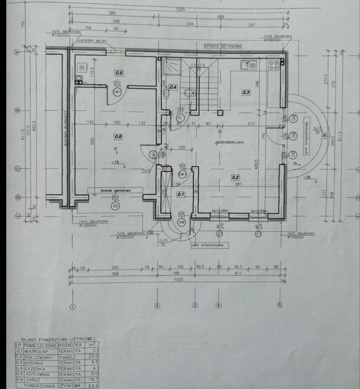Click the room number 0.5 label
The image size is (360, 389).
(x=119, y=73)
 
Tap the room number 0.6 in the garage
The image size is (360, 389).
(x=117, y=136)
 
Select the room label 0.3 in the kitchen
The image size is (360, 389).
(x=246, y=92)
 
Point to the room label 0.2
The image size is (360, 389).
(x=235, y=177)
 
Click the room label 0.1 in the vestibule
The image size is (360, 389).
(x=180, y=194)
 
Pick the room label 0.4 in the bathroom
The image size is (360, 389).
(x=173, y=87)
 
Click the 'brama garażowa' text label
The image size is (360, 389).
(x=115, y=190)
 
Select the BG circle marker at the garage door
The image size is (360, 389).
(x=116, y=206)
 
